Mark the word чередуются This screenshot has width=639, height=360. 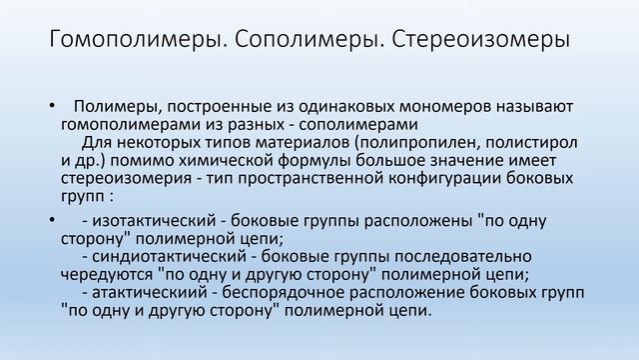[x=102, y=274]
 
